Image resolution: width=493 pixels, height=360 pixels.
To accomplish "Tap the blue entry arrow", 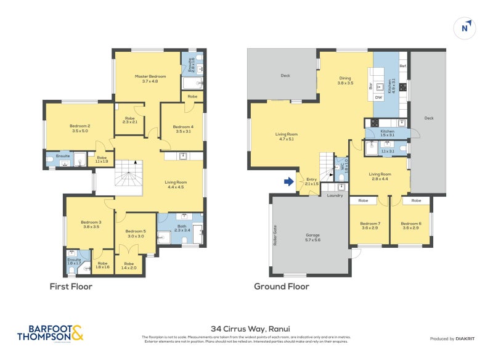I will (x=287, y=181).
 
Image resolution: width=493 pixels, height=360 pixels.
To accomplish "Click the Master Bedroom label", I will (x=150, y=78).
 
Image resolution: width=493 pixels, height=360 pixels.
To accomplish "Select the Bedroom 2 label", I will (x=80, y=128).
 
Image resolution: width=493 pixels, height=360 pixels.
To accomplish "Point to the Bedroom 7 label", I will (x=370, y=226).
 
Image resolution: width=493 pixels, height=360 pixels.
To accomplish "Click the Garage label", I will (x=313, y=237).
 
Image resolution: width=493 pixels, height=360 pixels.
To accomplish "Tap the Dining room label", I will (x=346, y=80).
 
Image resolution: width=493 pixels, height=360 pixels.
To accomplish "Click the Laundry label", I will (x=335, y=195).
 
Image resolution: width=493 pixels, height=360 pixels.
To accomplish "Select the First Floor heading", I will (x=71, y=287).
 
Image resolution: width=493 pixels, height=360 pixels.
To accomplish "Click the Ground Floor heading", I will (x=282, y=287).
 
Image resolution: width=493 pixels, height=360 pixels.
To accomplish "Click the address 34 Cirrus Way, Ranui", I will (x=246, y=329).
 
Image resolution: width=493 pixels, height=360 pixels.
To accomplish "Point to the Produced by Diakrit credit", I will (x=456, y=339).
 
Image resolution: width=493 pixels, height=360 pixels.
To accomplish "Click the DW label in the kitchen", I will (x=378, y=97).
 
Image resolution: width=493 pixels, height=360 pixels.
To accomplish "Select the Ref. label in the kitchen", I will (x=402, y=65).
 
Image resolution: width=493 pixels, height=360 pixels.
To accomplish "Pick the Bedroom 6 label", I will (x=410, y=226).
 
